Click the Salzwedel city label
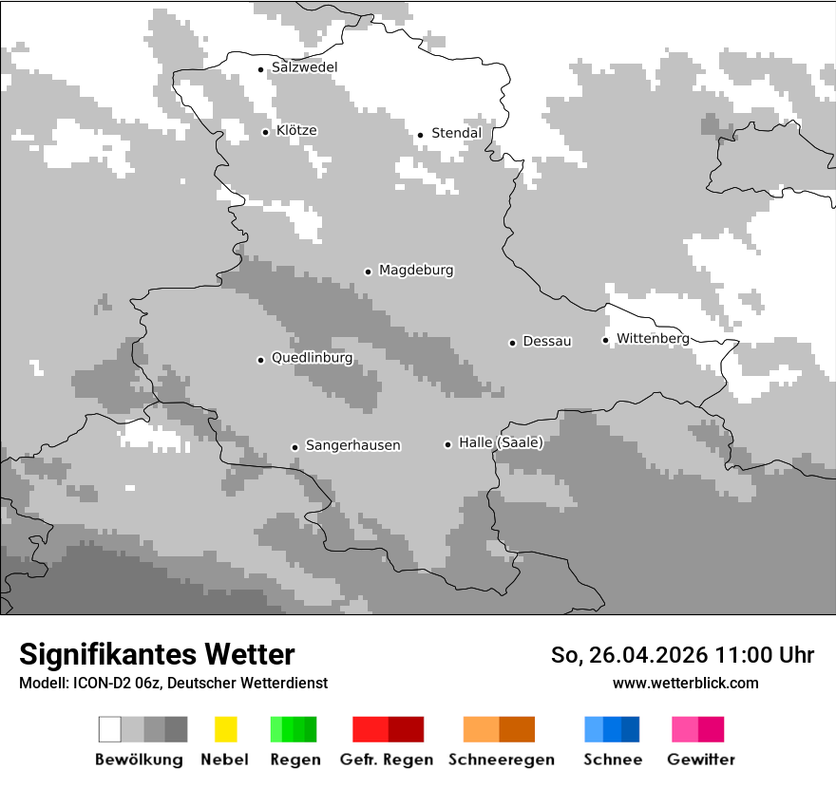(304, 67)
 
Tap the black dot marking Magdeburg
(368, 272)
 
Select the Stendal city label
(456, 133)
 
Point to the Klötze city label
(296, 130)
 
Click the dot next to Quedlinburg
(260, 360)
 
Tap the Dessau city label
(547, 341)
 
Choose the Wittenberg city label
(653, 338)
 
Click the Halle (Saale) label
(501, 442)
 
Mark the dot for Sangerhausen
(294, 447)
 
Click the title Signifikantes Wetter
(157, 654)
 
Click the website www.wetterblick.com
(685, 683)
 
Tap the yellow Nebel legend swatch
(225, 729)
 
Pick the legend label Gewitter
(700, 760)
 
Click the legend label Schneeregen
(501, 760)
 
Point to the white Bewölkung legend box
(110, 729)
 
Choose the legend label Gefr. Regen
(387, 760)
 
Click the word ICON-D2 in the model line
(99, 683)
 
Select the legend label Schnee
(612, 760)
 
